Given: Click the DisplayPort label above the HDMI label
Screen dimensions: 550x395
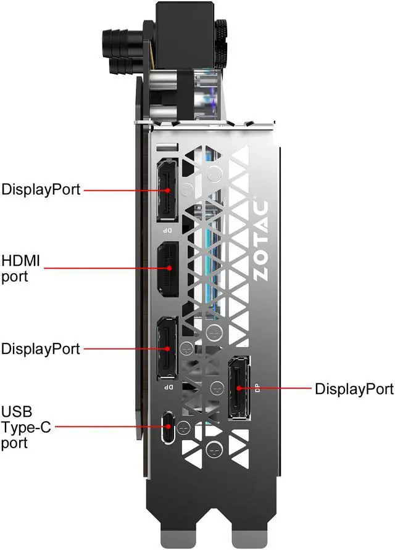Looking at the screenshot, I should pyautogui.click(x=41, y=189).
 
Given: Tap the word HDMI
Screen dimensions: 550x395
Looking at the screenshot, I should pyautogui.click(x=22, y=261).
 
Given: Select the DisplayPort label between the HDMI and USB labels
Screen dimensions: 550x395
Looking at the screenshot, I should pyautogui.click(x=41, y=349).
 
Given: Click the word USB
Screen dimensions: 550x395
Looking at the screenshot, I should pyautogui.click(x=15, y=411).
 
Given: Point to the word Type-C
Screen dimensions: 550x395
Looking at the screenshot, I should pyautogui.click(x=27, y=427).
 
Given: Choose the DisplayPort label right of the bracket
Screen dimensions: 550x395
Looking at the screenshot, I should pyautogui.click(x=354, y=389).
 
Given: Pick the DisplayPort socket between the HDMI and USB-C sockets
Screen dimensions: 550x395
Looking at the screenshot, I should pyautogui.click(x=167, y=348).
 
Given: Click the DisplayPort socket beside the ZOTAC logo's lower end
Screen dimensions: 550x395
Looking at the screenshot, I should pyautogui.click(x=240, y=388).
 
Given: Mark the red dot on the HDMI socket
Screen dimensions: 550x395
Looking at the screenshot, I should pyautogui.click(x=168, y=268).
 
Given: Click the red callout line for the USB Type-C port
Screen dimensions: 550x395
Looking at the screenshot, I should pyautogui.click(x=105, y=426).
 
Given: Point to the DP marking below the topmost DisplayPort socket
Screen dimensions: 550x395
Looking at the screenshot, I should pyautogui.click(x=167, y=229).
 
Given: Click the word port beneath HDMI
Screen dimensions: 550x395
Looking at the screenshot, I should pyautogui.click(x=15, y=277).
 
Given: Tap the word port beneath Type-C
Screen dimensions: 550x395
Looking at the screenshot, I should pyautogui.click(x=15, y=443).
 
